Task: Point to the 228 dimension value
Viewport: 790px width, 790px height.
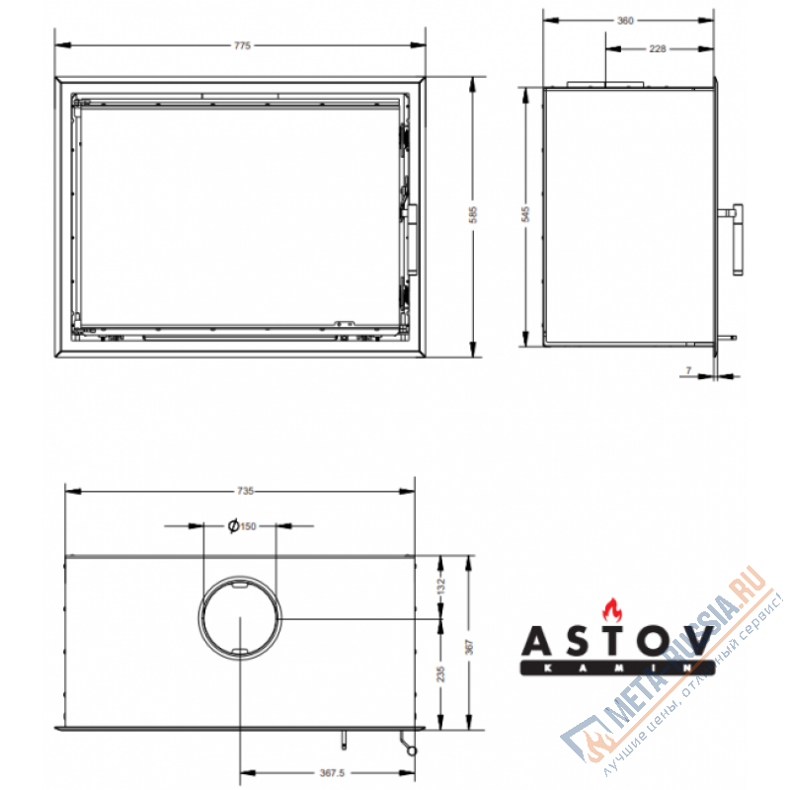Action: pos(657,48)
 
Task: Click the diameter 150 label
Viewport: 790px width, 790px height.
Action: pos(242,526)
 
